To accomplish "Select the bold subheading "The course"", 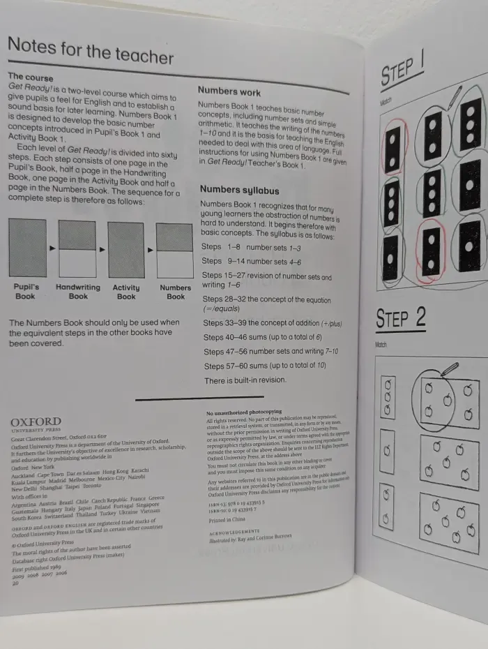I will tap(30, 77).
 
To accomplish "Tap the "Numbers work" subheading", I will tap(229, 91).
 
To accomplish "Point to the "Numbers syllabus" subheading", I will tap(239, 190).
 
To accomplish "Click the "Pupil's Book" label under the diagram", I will tap(26, 292).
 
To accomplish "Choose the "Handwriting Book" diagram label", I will tap(78, 292).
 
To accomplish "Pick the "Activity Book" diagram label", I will tap(126, 292).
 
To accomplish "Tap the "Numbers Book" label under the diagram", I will tap(175, 292).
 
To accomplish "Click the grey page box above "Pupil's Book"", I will tap(27, 248).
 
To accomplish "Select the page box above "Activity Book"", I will tap(126, 249).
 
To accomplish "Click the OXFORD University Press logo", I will tap(35, 423).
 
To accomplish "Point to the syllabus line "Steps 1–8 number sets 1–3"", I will tap(251, 247).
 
